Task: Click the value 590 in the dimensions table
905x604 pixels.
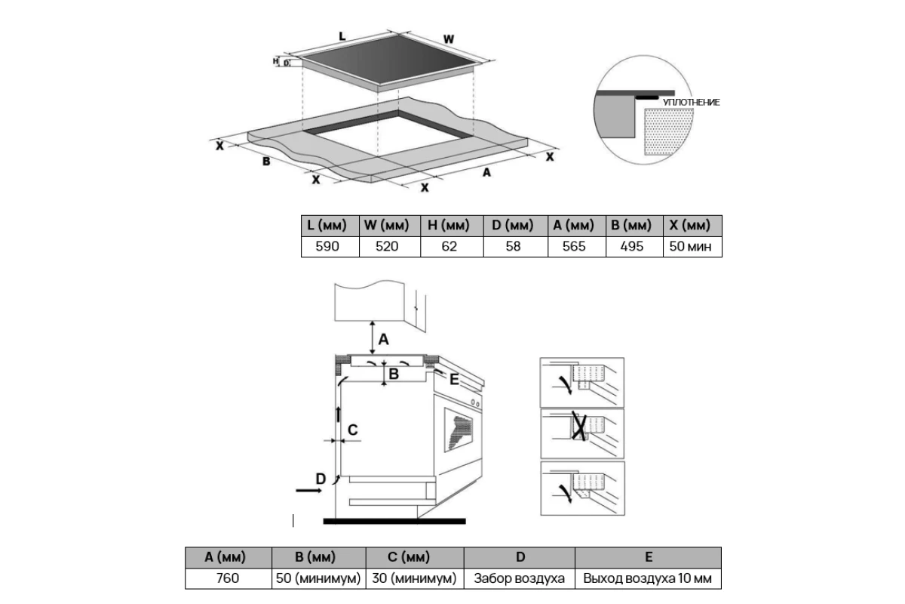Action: [x=327, y=246]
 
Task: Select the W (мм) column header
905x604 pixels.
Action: [x=387, y=225]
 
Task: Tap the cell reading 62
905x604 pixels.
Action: [x=449, y=246]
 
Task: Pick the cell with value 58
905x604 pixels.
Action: [x=513, y=246]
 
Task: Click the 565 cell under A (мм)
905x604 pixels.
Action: [x=574, y=246]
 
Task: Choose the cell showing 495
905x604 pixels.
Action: [x=631, y=246]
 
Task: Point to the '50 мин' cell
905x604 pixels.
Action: [x=690, y=246]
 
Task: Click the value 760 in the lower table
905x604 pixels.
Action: [x=228, y=578]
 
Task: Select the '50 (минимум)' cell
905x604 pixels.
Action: [x=318, y=578]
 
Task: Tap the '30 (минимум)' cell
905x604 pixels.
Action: [x=414, y=578]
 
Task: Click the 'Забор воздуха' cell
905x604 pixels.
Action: [x=519, y=578]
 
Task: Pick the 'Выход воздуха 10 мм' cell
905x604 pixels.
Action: [x=647, y=578]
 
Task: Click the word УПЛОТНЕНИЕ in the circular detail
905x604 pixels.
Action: [x=692, y=103]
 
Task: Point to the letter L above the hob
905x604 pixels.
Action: [x=342, y=37]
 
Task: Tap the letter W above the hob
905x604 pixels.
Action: [x=449, y=39]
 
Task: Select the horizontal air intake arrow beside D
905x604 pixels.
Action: [x=308, y=490]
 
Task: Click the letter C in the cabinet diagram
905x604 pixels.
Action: [x=352, y=430]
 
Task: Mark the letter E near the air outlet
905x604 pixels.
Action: [x=454, y=380]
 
